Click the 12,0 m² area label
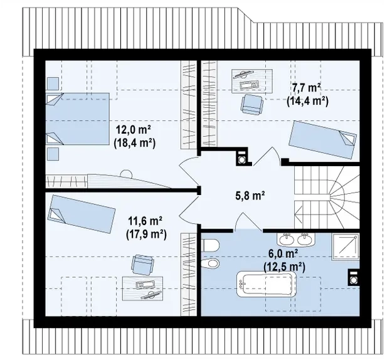click(x=133, y=130)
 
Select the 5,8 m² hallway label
click(x=250, y=196)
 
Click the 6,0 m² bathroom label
click(x=283, y=253)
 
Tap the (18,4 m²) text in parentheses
click(x=134, y=143)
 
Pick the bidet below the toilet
click(x=209, y=264)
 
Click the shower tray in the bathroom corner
click(x=345, y=246)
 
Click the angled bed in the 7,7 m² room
click(x=323, y=140)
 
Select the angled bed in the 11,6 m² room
click(x=82, y=214)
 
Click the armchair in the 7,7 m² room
click(x=251, y=105)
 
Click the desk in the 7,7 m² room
click(x=253, y=81)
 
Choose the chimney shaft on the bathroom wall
click(x=354, y=277)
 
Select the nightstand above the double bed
click(x=53, y=83)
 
